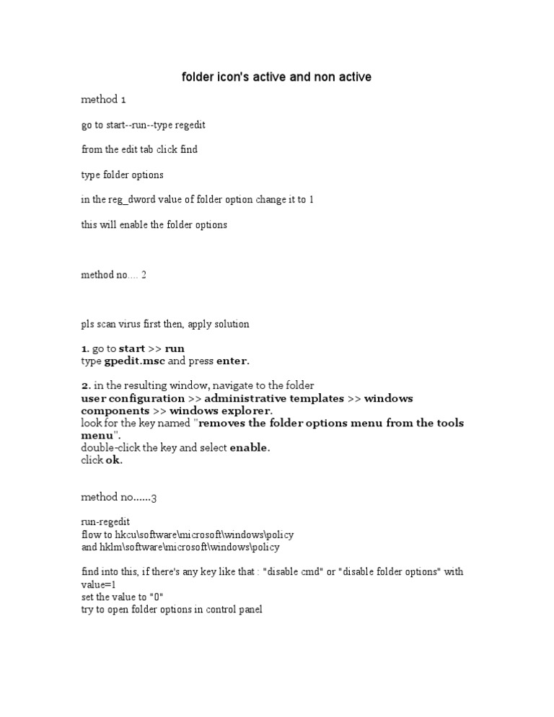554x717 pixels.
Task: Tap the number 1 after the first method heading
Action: click(123, 100)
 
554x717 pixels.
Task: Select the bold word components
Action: click(114, 410)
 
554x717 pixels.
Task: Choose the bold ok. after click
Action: click(115, 461)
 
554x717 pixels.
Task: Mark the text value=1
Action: click(99, 584)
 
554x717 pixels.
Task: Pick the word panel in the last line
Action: click(250, 610)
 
